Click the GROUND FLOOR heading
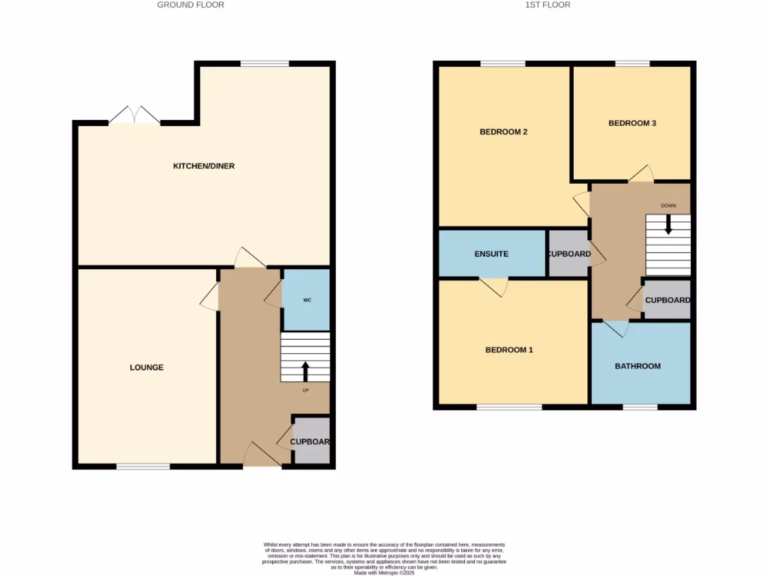pos(190,4)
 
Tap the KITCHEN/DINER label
pos(204,166)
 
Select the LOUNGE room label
pos(146,367)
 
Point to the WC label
pos(307,300)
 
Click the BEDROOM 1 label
pos(509,350)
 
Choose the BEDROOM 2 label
pos(503,132)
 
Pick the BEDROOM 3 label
pos(632,123)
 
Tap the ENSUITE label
pos(491,254)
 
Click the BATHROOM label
pos(637,366)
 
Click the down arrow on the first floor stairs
pos(668,226)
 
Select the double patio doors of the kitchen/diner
pos(134,115)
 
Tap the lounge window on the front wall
pos(142,466)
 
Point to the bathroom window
pos(640,407)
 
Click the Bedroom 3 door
pos(640,174)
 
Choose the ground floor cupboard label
pos(310,442)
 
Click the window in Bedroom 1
pos(509,407)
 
